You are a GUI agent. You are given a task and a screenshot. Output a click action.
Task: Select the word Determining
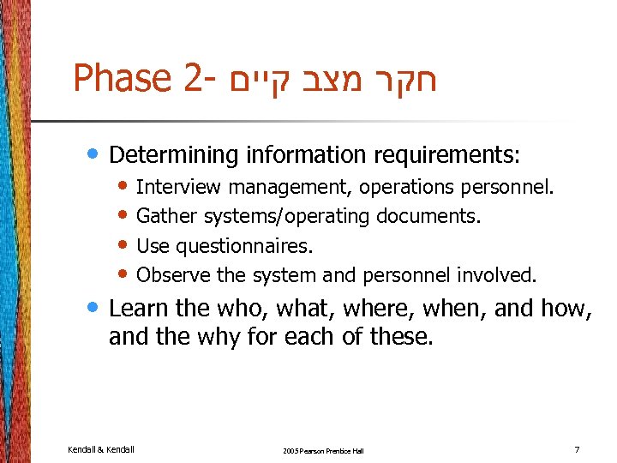(x=173, y=155)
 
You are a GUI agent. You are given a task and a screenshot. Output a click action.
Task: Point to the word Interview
(x=179, y=187)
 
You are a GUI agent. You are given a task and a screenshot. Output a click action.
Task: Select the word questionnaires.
(x=244, y=246)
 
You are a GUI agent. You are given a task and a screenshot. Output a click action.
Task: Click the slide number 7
(x=577, y=449)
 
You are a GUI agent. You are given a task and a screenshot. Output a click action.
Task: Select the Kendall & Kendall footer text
(x=101, y=449)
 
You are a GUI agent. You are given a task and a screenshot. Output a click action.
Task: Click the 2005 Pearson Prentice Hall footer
(x=322, y=450)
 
